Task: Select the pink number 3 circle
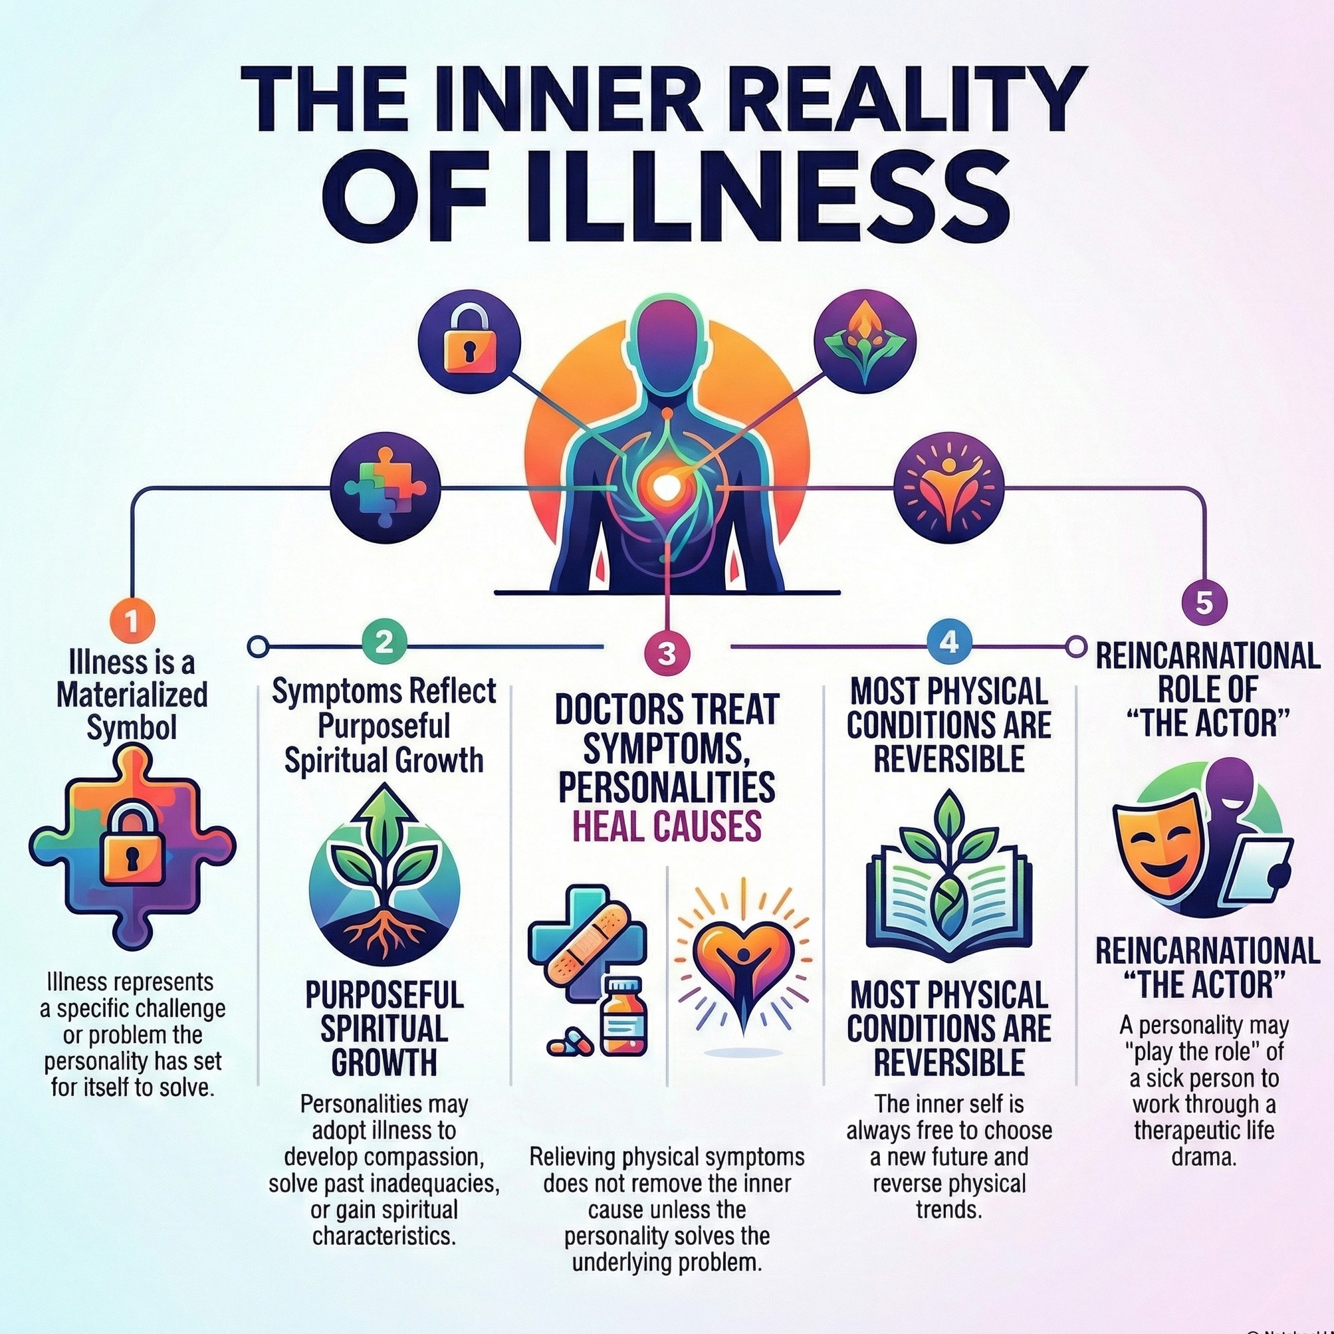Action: click(x=666, y=654)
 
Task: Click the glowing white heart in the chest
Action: click(x=665, y=487)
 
